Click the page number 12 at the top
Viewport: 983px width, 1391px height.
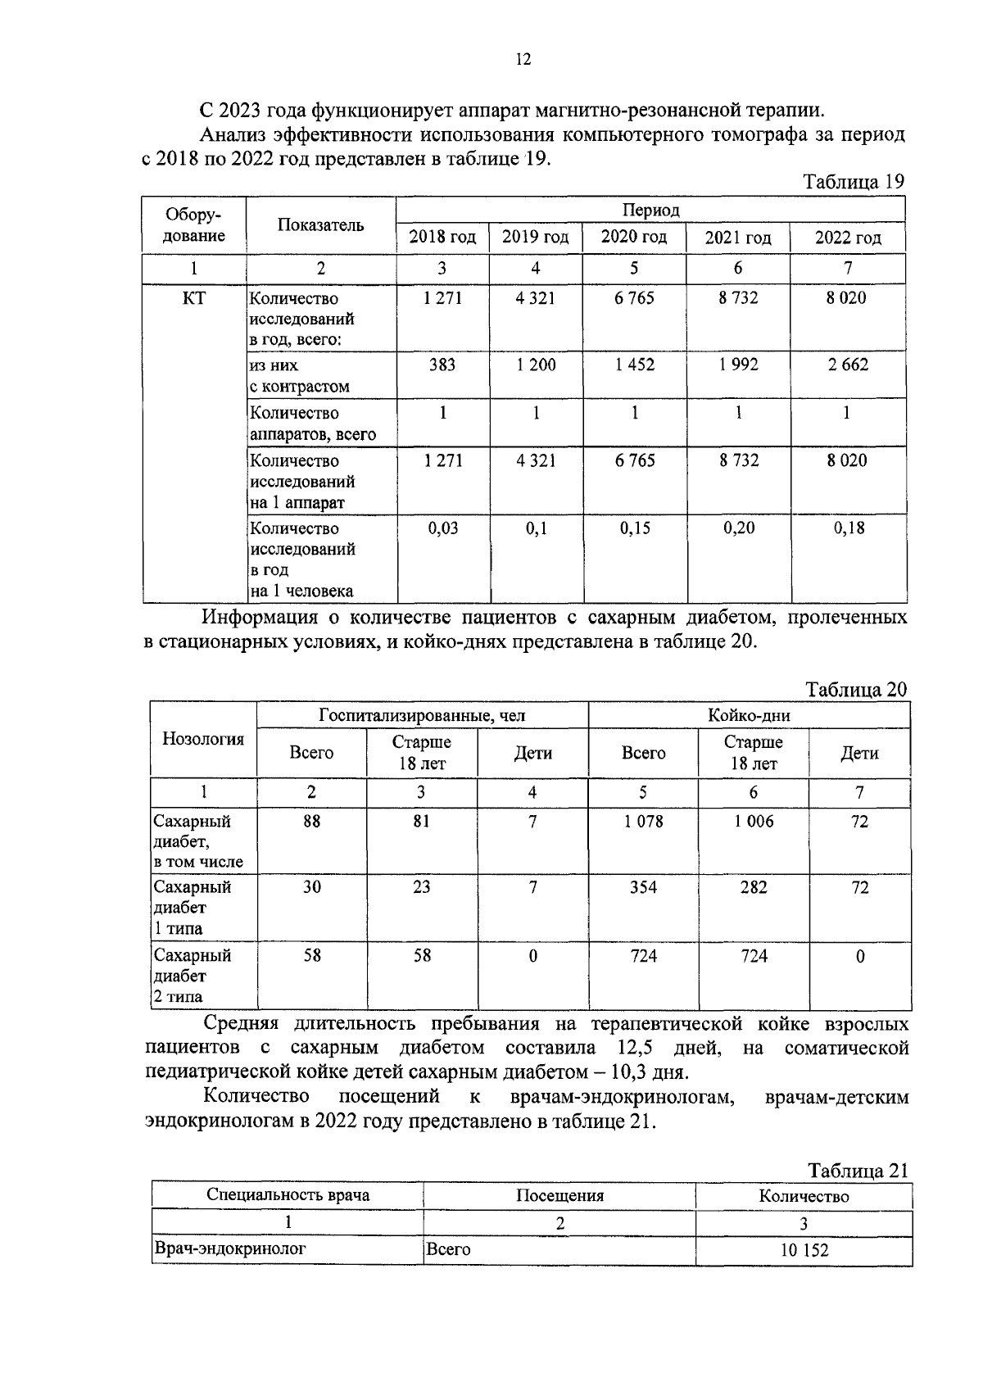tap(523, 59)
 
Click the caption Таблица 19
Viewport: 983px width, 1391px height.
tap(854, 182)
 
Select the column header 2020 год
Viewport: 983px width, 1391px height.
tap(633, 238)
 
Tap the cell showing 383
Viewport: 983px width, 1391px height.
tap(442, 365)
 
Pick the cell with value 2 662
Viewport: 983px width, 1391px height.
tap(847, 365)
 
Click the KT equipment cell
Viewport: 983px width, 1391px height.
tap(194, 299)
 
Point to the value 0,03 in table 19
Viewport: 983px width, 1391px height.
tap(442, 528)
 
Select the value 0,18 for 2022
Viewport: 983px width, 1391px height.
tap(849, 528)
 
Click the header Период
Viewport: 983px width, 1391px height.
tap(650, 210)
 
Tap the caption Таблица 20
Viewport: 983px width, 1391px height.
tap(856, 689)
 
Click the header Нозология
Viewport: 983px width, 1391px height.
tap(203, 740)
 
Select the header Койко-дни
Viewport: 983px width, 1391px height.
tap(749, 716)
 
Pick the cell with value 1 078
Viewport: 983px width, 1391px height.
tap(643, 822)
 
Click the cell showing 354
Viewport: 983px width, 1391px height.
tap(643, 887)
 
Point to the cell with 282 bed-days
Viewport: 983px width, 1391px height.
tap(753, 887)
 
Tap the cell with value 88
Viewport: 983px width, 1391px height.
tap(311, 822)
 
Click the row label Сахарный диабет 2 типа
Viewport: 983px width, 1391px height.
tap(193, 976)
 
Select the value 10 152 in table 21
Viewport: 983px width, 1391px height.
tap(804, 1250)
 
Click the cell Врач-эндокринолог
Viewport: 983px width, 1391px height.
tap(231, 1249)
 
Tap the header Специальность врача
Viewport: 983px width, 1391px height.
tap(288, 1195)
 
